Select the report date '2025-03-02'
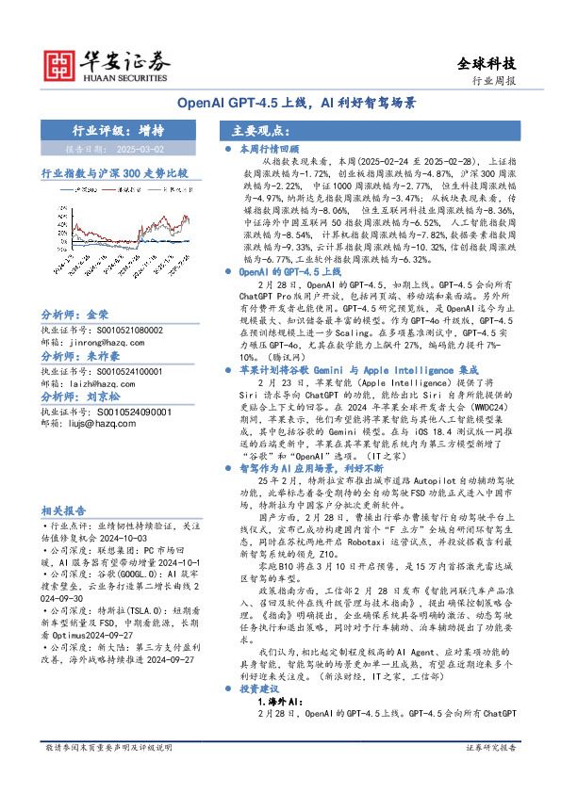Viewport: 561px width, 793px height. (141, 149)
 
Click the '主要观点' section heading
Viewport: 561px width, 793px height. (257, 131)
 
